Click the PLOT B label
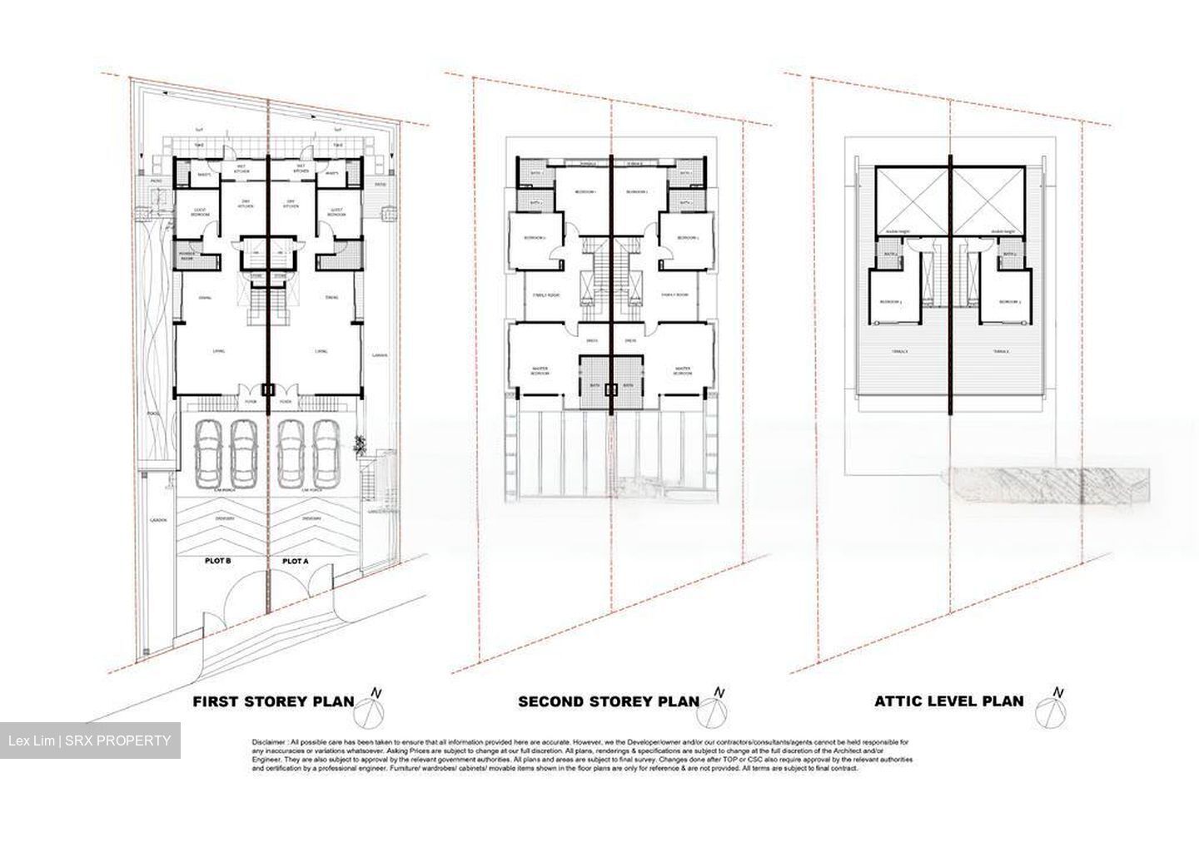tap(217, 562)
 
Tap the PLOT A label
tap(295, 562)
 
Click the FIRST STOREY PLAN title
tap(273, 701)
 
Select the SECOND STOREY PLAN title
tap(608, 701)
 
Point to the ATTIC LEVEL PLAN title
tap(948, 701)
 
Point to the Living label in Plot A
tap(321, 352)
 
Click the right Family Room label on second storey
tap(674, 295)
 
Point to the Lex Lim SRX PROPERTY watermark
tap(90, 740)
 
